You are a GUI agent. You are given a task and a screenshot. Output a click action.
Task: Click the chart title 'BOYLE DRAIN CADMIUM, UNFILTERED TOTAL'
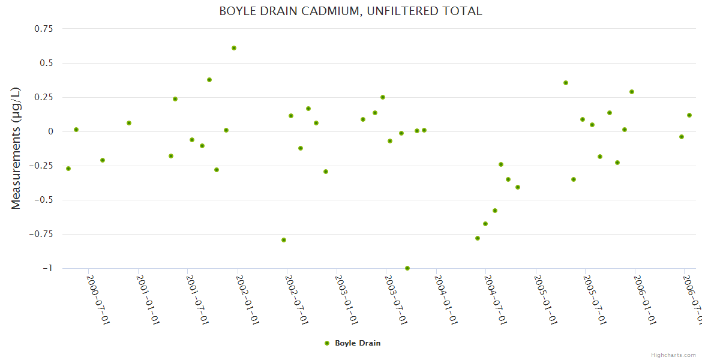(x=350, y=11)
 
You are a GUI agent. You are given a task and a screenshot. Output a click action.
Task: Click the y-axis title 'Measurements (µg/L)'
(x=16, y=148)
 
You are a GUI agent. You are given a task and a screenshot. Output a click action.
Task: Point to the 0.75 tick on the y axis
(x=43, y=29)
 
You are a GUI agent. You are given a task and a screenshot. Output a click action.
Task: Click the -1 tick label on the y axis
(x=47, y=268)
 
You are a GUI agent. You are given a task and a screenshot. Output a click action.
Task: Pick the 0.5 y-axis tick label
(x=46, y=63)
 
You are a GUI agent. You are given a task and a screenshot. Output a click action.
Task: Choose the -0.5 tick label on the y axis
(x=43, y=200)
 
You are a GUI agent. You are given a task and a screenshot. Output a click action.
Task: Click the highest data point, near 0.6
(x=234, y=48)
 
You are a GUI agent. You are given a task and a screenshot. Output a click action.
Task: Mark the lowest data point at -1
(x=407, y=268)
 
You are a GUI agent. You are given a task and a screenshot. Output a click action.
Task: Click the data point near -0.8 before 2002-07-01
(x=284, y=240)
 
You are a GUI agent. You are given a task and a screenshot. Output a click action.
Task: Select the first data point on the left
(x=68, y=169)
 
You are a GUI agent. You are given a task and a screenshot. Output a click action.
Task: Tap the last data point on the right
(x=689, y=115)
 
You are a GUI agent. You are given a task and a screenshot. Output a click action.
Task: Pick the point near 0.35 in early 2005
(x=566, y=83)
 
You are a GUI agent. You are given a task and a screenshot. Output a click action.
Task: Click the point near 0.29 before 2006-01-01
(x=632, y=92)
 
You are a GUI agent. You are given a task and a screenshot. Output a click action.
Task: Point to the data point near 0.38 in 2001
(x=209, y=80)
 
